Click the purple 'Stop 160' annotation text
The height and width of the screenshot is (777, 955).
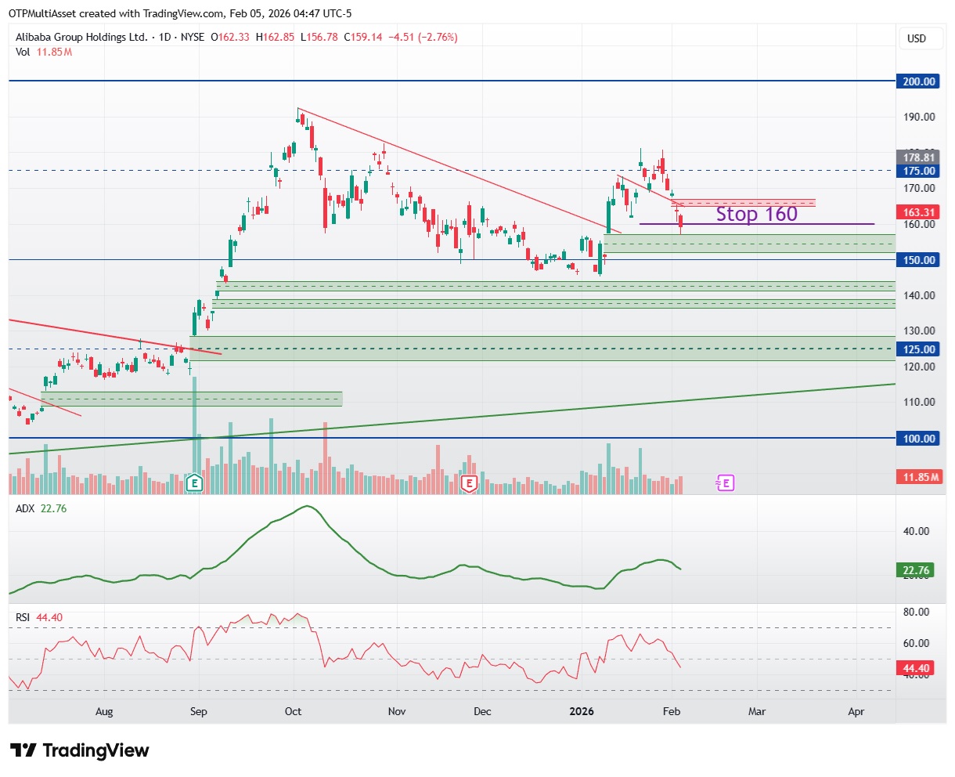(756, 214)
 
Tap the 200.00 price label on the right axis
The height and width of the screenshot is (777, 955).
(919, 81)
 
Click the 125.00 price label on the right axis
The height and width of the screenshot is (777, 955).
(919, 349)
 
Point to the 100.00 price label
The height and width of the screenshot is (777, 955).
(919, 439)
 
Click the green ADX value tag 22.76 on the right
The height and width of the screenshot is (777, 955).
(916, 570)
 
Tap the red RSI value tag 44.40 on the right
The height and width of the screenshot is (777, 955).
(916, 668)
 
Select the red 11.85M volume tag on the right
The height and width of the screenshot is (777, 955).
(919, 477)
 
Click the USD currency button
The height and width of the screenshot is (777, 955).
(916, 38)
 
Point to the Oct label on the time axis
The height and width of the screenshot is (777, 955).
(293, 711)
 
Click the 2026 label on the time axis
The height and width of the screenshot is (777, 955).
(582, 711)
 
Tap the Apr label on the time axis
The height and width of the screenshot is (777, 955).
(856, 711)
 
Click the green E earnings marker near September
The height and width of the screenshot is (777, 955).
(194, 482)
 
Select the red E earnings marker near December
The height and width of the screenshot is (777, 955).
(469, 483)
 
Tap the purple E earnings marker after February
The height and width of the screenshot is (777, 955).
(726, 482)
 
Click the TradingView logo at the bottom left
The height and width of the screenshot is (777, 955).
(80, 750)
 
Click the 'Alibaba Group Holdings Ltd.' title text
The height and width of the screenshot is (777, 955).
(81, 37)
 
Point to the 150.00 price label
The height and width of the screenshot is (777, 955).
(919, 260)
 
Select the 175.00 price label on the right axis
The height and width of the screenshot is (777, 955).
(919, 171)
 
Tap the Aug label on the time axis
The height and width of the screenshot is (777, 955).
(104, 711)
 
